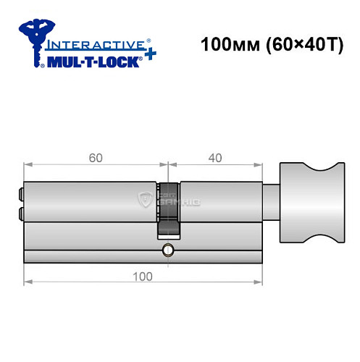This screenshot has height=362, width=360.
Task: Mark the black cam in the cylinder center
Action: click(x=168, y=224)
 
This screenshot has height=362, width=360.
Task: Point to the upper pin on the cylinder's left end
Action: click(x=20, y=194)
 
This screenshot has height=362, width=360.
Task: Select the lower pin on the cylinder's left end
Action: click(x=20, y=213)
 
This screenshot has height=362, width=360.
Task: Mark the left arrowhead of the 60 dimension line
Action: click(x=27, y=165)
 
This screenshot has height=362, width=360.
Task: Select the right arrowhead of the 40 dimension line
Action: click(x=259, y=165)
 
